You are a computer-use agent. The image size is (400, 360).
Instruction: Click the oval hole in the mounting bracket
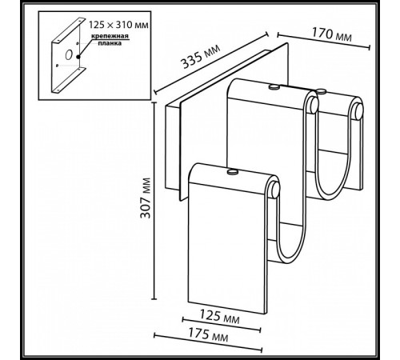[x=70, y=55]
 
